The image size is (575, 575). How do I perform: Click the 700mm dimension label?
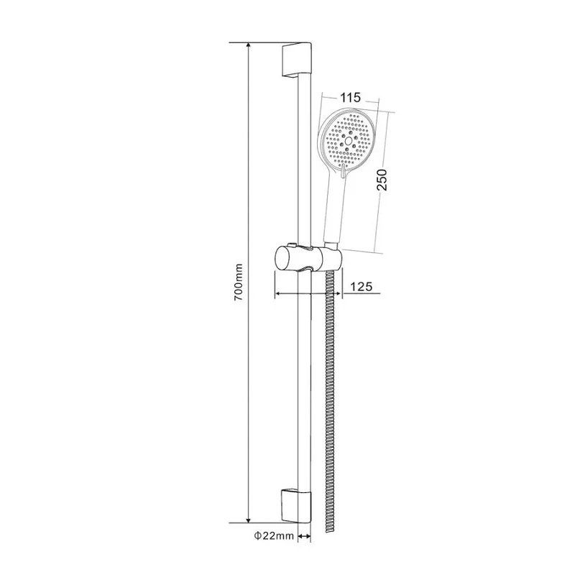241,282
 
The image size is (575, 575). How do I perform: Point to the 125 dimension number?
361,286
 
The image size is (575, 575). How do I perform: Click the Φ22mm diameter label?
273,535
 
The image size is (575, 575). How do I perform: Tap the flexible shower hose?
332,395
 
